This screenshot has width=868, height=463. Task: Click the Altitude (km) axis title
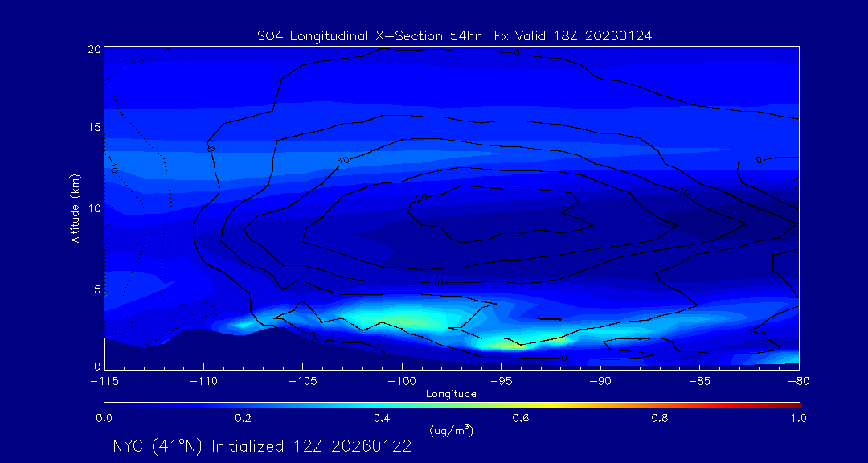[x=75, y=208]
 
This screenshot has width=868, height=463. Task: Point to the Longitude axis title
[x=451, y=394]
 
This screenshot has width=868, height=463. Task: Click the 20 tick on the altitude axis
[x=94, y=49]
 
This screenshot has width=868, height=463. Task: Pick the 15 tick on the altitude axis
[x=94, y=128]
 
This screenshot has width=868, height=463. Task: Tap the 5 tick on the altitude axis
[x=96, y=289]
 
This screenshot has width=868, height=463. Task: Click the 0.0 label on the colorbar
[x=104, y=418]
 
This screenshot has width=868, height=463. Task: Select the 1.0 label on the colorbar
[x=798, y=418]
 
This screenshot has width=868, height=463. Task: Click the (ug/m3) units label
[x=451, y=430]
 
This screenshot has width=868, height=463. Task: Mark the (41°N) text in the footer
[x=181, y=446]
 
